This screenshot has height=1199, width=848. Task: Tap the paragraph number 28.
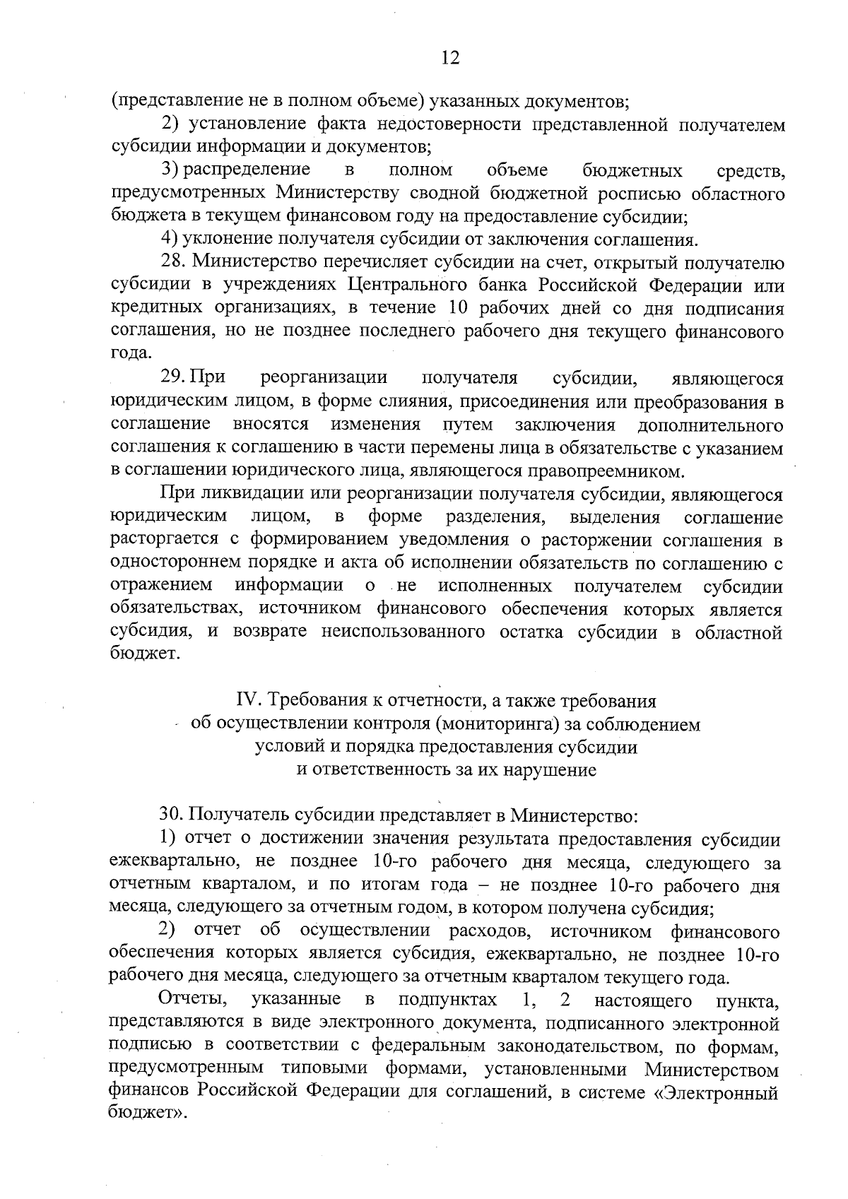(x=173, y=263)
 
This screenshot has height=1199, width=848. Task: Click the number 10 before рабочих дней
(x=461, y=309)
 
